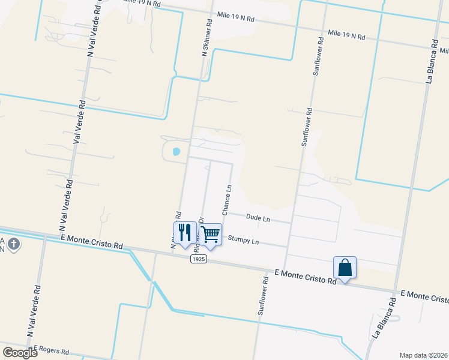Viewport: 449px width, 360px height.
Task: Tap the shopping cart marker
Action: point(210,234)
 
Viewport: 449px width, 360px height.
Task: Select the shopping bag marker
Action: point(345,267)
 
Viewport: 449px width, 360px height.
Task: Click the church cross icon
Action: point(15,244)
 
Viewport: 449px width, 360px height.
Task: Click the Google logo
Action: point(20,352)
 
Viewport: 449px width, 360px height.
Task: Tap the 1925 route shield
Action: point(199,259)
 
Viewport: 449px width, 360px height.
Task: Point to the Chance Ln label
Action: point(228,200)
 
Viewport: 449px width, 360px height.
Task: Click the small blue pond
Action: point(176,151)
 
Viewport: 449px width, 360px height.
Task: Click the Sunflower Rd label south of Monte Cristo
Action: point(263,296)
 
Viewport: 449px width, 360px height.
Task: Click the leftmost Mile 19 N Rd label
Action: point(141,4)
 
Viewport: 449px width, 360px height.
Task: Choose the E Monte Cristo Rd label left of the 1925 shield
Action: point(92,242)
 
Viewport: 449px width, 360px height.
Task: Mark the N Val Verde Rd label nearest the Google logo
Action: point(34,311)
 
